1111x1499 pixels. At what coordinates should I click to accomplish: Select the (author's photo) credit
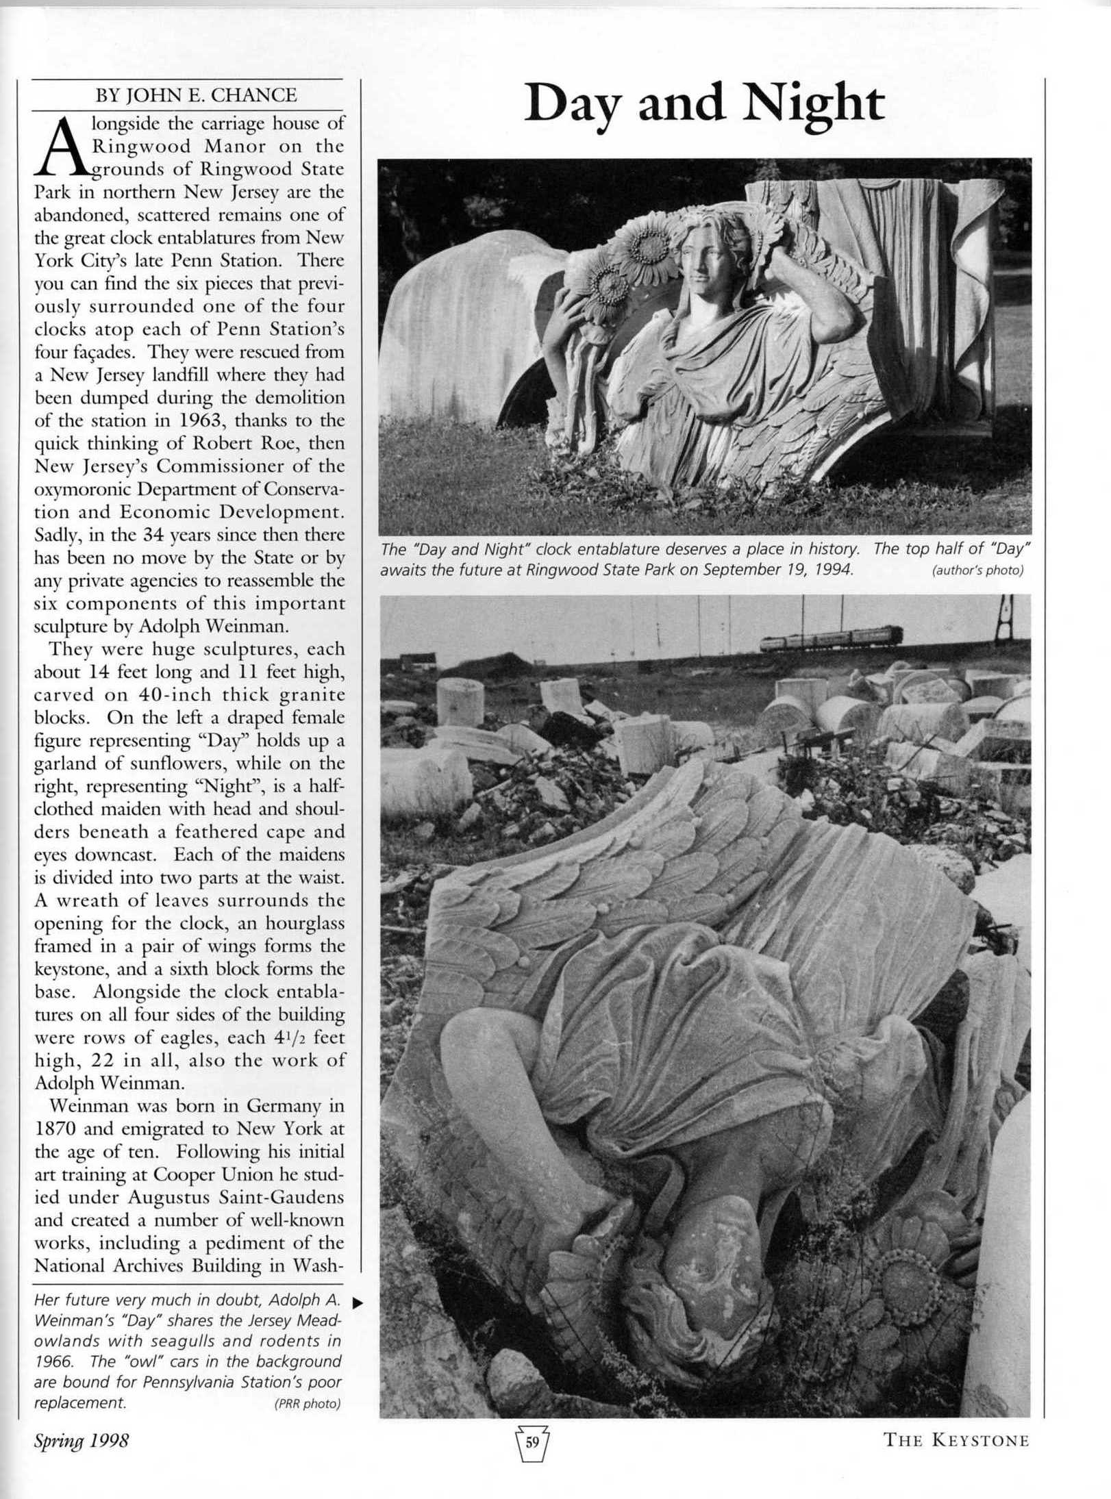coord(977,571)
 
